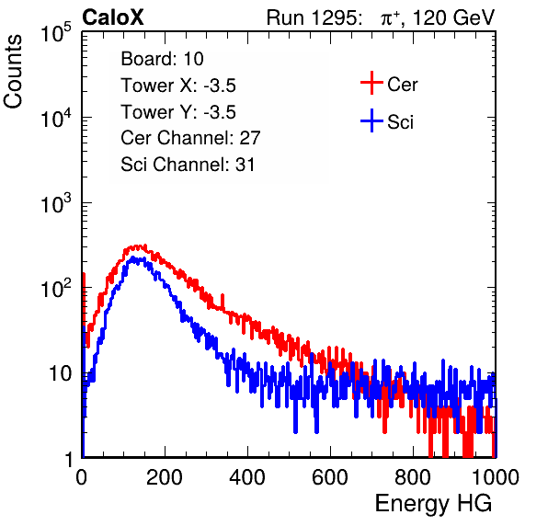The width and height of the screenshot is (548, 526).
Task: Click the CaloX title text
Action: coord(112,17)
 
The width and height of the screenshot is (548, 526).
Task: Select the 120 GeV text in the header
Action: coord(454,17)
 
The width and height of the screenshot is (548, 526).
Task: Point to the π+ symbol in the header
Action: coord(390,18)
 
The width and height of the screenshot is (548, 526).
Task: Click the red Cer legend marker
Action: coord(371,83)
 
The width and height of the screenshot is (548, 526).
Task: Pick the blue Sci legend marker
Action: coord(371,121)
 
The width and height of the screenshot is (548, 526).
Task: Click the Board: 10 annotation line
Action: coord(162,58)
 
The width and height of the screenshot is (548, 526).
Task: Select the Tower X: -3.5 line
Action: coord(178,86)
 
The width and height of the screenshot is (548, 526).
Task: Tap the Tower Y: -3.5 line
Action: coord(178,112)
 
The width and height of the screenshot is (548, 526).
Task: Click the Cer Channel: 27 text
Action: coord(190,138)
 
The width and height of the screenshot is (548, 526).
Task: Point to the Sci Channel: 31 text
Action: coord(188,165)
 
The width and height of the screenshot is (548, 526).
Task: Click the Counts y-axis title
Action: coord(13,72)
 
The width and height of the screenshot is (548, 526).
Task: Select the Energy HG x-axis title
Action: coord(433,504)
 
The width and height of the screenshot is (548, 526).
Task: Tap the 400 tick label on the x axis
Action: coord(247,477)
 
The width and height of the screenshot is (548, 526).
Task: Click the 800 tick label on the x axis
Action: coord(413,477)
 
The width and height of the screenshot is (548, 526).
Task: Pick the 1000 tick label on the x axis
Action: coord(496,477)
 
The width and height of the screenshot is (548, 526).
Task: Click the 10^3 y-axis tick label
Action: coord(56,203)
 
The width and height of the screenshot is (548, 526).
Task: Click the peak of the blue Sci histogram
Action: coord(132,257)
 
